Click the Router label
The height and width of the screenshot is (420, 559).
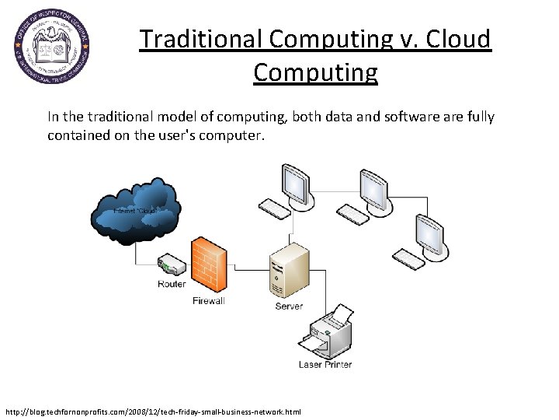coord(172,285)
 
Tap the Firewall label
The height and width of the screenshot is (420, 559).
coord(208,301)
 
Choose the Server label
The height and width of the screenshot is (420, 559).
coord(289,306)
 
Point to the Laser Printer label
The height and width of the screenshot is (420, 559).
coord(325,364)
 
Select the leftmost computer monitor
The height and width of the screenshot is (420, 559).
coord(296,184)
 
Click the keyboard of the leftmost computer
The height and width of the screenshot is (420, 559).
coord(275,208)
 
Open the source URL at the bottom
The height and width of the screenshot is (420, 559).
coord(152,411)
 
